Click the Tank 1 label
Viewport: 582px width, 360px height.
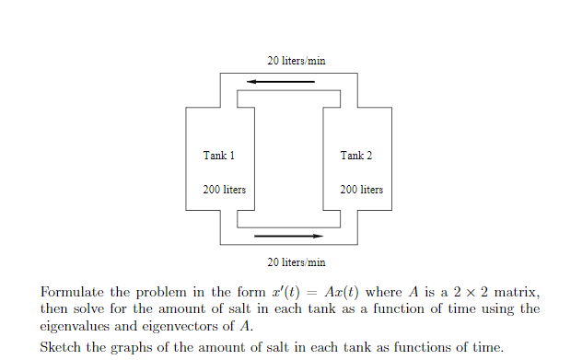pos(218,156)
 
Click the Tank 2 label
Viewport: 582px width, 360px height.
pos(355,156)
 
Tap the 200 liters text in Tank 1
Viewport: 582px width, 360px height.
pos(224,190)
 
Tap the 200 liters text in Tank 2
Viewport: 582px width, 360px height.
pos(361,190)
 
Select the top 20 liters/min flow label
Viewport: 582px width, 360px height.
pos(296,61)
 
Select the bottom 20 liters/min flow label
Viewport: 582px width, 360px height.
pos(296,263)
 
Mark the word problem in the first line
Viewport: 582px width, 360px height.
pos(169,292)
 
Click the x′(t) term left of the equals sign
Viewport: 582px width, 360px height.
pos(276,292)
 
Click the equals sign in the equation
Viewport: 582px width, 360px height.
pos(307,292)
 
